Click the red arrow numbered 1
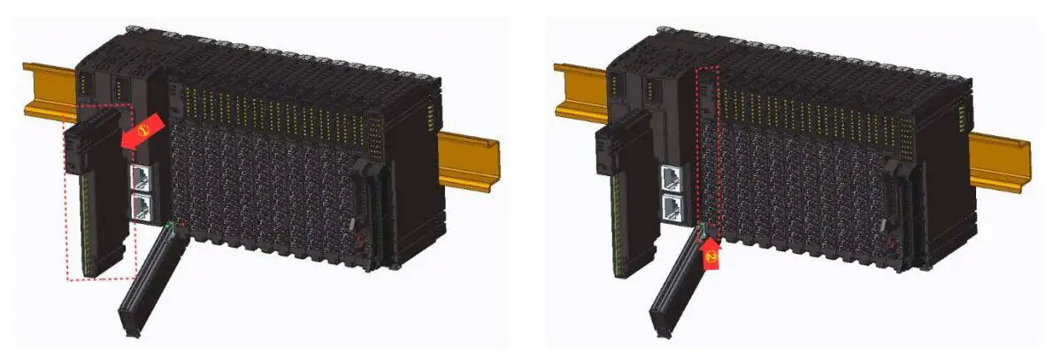[141, 133]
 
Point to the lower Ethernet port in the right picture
[673, 209]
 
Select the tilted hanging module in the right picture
[676, 283]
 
